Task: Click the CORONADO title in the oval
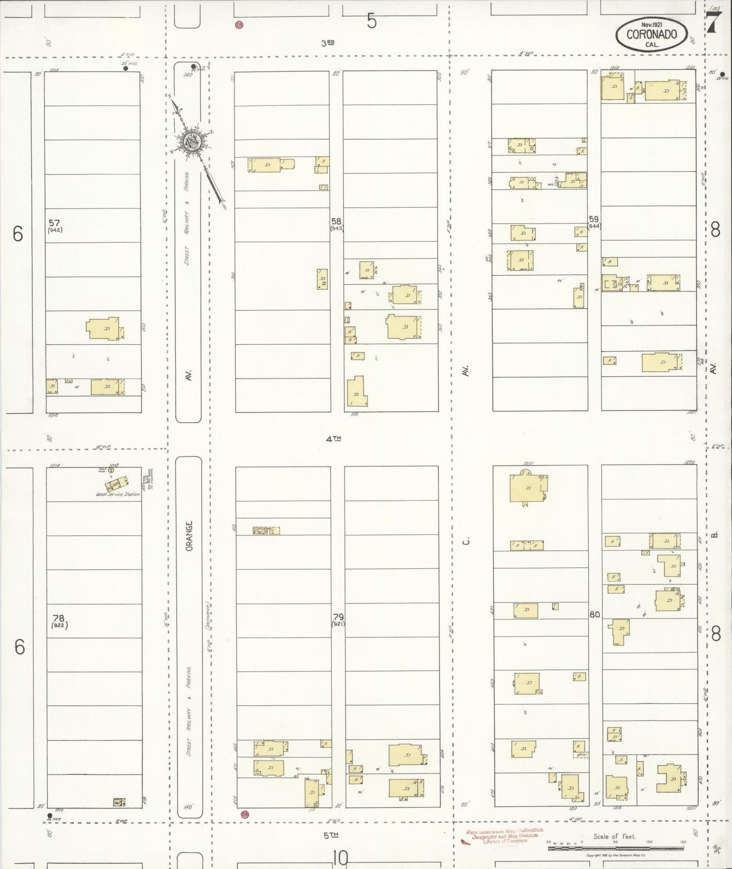pos(651,34)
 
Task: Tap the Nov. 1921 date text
pos(653,24)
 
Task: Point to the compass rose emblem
pos(194,142)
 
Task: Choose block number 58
pos(336,221)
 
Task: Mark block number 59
pos(593,219)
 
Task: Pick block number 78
pos(59,618)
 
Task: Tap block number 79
pos(338,617)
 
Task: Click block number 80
pos(594,614)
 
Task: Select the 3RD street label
pos(328,43)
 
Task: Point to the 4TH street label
pos(333,439)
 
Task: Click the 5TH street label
pos(330,835)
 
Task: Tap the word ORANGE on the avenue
pos(189,535)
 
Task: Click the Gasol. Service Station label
pos(118,494)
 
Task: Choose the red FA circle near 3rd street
pos(239,24)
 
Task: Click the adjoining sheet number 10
pos(340,858)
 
